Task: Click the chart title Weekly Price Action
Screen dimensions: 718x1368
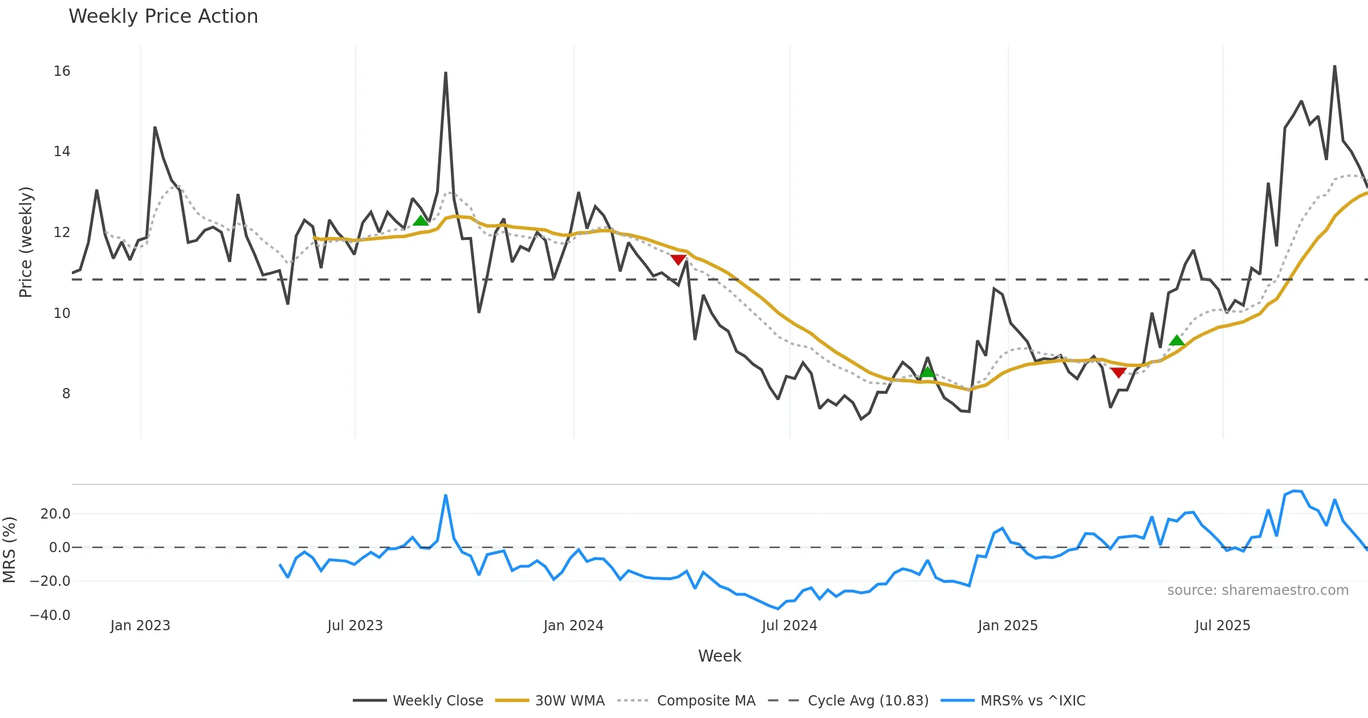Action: pos(163,17)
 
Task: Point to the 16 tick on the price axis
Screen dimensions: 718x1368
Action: pos(62,71)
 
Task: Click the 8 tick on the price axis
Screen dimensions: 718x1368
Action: pos(66,394)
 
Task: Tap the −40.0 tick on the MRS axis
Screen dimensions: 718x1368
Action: pos(50,615)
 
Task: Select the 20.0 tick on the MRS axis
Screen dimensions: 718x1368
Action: pos(55,514)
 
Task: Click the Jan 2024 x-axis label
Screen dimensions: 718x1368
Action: pos(573,626)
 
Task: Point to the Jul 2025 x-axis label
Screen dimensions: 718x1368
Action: pos(1223,626)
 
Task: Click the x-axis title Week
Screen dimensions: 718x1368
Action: pos(719,656)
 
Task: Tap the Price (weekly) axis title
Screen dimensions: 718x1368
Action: pos(26,242)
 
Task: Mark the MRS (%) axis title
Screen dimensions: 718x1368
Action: pos(9,549)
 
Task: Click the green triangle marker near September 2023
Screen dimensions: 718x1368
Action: pos(421,221)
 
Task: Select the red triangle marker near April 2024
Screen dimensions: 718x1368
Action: pos(678,260)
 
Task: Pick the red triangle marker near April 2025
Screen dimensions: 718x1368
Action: pos(1118,373)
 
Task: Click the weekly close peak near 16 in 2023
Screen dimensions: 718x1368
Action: pos(446,73)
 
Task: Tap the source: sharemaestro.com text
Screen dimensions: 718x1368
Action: pos(1257,590)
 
